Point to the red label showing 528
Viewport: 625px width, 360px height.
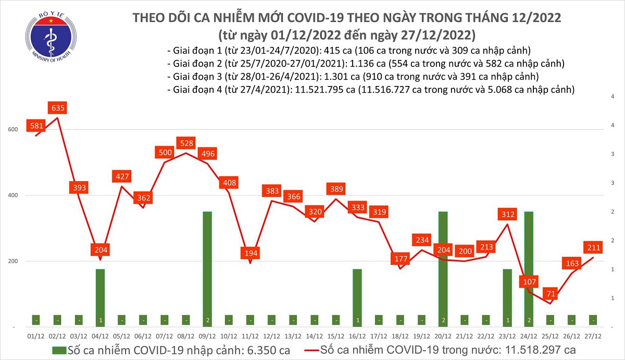[185, 143]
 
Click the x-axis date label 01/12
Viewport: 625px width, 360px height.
[35, 336]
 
